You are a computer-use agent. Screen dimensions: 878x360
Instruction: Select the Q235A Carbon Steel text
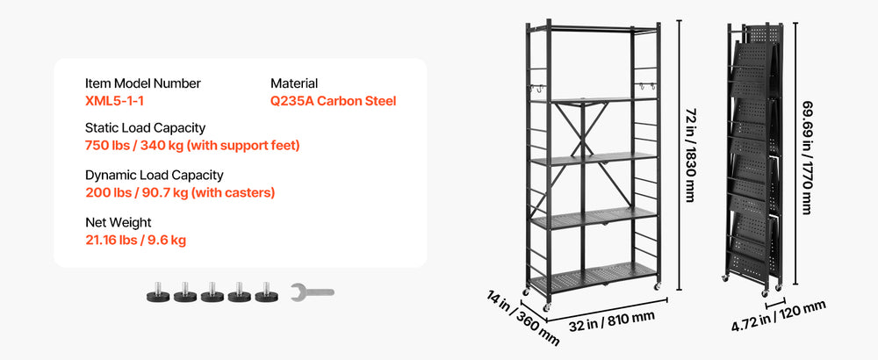tap(333, 101)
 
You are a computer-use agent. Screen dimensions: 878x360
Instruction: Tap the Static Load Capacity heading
tap(145, 128)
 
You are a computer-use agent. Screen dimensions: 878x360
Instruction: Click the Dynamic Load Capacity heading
tap(154, 176)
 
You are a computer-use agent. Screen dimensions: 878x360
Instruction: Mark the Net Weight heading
tap(119, 223)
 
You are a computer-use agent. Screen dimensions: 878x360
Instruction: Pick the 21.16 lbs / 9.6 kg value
tap(135, 241)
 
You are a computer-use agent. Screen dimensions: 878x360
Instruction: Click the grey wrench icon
tap(312, 292)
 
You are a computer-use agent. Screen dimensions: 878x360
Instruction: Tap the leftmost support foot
tap(158, 292)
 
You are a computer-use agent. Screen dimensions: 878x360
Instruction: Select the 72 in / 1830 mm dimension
tap(689, 155)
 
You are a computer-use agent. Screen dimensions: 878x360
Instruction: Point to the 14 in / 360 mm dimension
tap(522, 318)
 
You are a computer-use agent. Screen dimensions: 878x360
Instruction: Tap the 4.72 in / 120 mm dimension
tap(779, 316)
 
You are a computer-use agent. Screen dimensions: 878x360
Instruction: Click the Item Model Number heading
tap(143, 83)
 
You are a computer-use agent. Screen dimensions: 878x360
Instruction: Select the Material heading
tap(294, 83)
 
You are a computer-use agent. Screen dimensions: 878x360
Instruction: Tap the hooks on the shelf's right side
tap(647, 87)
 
